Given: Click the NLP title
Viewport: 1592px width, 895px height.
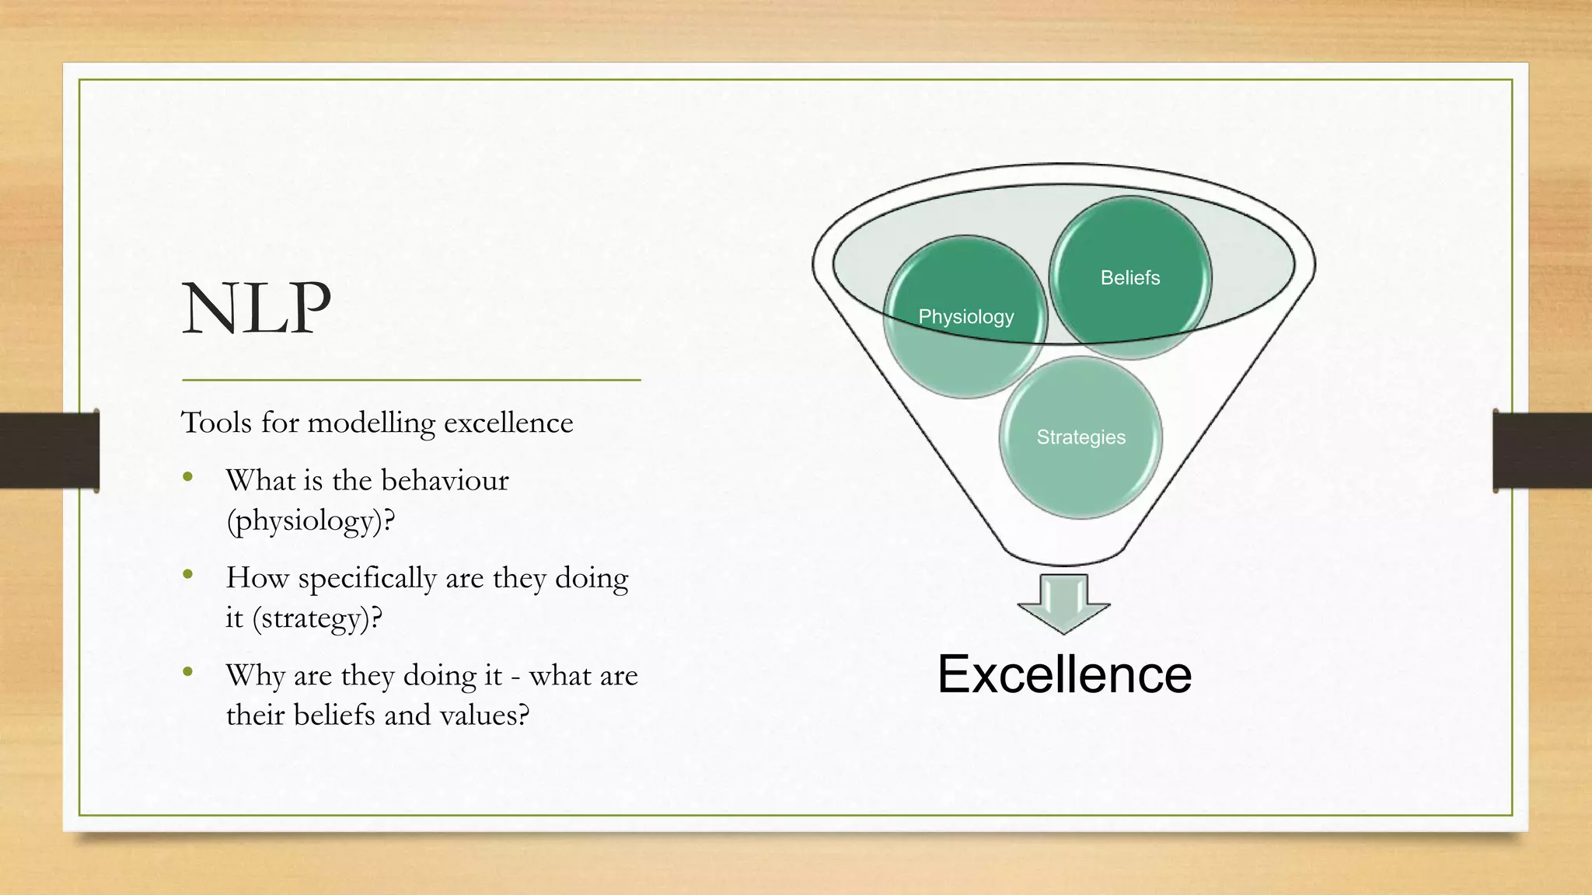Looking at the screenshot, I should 257,308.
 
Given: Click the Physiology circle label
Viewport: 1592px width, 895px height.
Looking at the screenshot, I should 966,317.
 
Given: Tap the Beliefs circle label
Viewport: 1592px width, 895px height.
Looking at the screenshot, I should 1130,278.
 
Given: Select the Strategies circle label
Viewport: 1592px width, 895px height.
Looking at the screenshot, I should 1081,437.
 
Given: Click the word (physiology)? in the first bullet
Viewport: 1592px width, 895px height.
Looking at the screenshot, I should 311,521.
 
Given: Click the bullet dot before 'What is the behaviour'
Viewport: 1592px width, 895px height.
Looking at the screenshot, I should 188,477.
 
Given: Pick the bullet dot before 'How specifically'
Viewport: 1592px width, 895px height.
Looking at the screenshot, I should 188,575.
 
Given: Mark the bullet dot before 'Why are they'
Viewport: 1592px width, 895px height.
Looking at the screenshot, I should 188,672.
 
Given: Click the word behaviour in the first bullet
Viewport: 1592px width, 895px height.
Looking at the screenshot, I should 445,480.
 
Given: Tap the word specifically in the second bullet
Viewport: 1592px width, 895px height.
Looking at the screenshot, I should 367,579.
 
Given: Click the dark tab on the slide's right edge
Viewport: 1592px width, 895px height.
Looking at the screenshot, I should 1542,451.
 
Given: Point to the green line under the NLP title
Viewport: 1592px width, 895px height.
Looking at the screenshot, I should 411,380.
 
